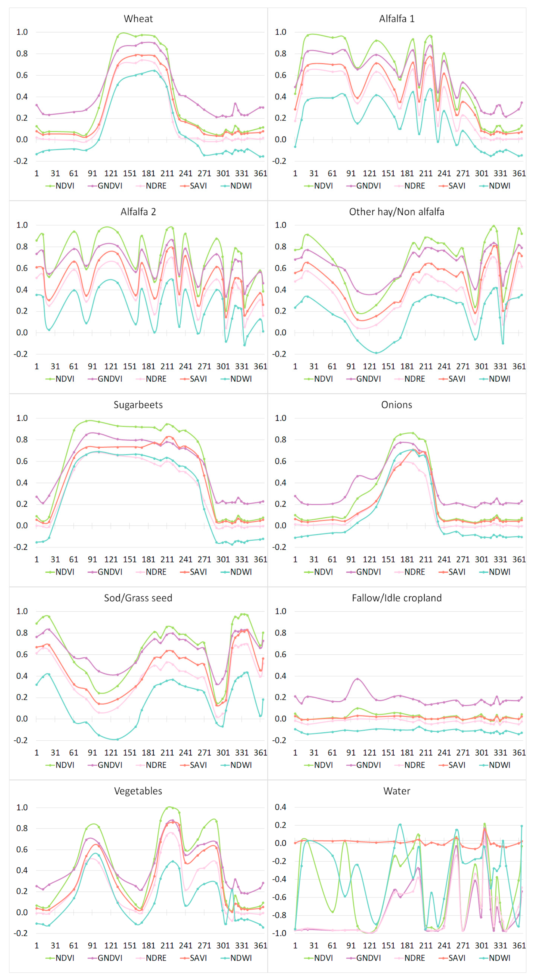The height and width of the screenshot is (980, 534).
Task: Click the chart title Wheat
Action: tap(138, 19)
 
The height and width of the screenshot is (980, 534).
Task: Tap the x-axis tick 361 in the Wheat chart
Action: tap(261, 174)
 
